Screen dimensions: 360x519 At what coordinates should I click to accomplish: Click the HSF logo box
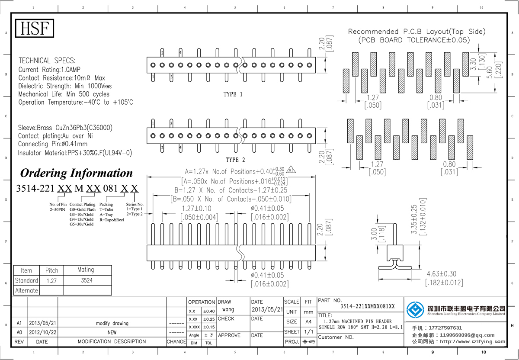pyautogui.click(x=35, y=29)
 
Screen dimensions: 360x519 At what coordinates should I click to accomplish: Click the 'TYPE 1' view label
pyautogui.click(x=233, y=94)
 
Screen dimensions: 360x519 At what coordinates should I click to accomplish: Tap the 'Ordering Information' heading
pyautogui.click(x=77, y=173)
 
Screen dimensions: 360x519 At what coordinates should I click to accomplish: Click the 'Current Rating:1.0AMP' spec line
pyautogui.click(x=49, y=69)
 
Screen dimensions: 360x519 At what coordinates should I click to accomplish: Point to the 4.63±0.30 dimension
pyautogui.click(x=441, y=274)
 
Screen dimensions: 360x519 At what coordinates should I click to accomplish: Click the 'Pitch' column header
pyautogui.click(x=51, y=270)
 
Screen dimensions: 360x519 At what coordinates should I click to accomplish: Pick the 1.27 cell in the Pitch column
pyautogui.click(x=51, y=280)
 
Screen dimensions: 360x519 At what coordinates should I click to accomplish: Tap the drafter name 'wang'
pyautogui.click(x=228, y=310)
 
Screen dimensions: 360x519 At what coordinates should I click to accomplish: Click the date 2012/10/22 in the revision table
pyautogui.click(x=42, y=332)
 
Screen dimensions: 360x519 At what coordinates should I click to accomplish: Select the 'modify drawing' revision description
pyautogui.click(x=112, y=323)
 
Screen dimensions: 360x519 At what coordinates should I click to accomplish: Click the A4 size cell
pyautogui.click(x=308, y=321)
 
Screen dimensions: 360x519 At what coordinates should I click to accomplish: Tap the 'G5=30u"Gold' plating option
pyautogui.click(x=81, y=224)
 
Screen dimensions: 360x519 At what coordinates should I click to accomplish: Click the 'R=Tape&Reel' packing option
pyautogui.click(x=112, y=219)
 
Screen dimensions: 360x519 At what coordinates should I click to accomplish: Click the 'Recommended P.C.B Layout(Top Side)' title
pyautogui.click(x=416, y=32)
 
